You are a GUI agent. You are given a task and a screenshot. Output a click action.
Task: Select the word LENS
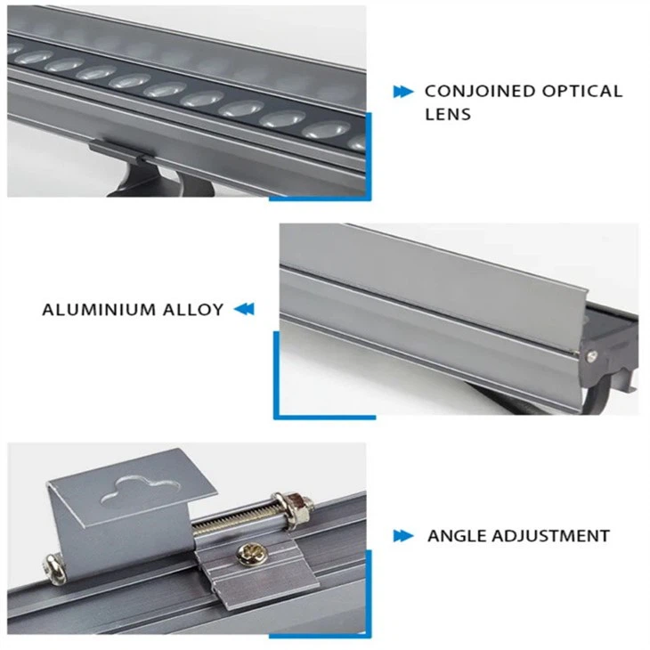(447, 114)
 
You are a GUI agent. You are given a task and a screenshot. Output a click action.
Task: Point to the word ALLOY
(191, 310)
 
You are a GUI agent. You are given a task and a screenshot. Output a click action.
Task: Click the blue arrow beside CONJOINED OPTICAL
(402, 92)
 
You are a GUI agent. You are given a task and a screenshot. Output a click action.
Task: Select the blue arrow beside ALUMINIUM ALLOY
(244, 310)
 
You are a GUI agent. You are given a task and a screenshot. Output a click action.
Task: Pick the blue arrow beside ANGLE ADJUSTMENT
(403, 536)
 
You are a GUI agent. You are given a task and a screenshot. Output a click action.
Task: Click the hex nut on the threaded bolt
(298, 508)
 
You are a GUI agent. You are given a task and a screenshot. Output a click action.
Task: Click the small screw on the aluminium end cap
(589, 355)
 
